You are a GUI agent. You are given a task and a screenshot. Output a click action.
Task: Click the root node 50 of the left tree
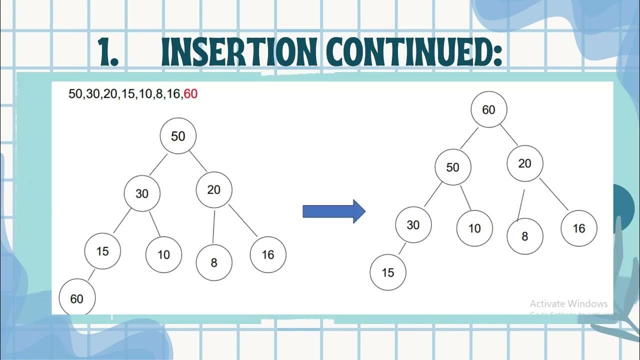pos(178,136)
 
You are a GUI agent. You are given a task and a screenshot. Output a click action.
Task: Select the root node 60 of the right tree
pos(488,109)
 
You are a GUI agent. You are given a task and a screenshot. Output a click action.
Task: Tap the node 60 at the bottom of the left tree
pos(77,298)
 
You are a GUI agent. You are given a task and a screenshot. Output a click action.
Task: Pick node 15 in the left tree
pos(102,250)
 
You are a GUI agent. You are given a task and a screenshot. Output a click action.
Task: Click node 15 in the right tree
pos(388,272)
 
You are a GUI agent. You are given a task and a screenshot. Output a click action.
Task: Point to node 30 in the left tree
pos(142,193)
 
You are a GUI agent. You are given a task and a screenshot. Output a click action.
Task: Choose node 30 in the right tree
pos(413,225)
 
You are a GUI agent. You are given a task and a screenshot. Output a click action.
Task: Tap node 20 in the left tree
pos(214,189)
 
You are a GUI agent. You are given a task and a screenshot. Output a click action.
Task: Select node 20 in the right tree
pos(524,163)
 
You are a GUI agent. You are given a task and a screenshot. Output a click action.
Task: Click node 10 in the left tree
pos(164,254)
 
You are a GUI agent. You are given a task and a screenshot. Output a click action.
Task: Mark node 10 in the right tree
pos(474,228)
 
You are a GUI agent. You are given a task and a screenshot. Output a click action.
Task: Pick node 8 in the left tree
pos(214,262)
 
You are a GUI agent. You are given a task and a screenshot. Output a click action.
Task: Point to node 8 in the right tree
pos(524,236)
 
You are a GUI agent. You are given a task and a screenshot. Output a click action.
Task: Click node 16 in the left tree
pos(268,254)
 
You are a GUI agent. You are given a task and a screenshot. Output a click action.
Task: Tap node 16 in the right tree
pos(579,228)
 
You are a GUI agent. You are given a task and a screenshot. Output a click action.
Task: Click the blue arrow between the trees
pos(334,211)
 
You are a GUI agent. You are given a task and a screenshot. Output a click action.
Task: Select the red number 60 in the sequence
pos(190,93)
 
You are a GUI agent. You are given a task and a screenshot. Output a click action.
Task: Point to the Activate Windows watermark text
pos(568,303)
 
